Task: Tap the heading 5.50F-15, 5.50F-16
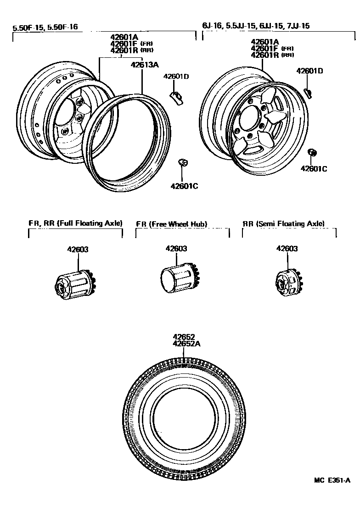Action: pyautogui.click(x=45, y=27)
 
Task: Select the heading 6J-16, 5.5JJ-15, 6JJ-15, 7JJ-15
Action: pyautogui.click(x=256, y=26)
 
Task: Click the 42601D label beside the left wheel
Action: pyautogui.click(x=176, y=77)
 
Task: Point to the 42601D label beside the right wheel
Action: pyautogui.click(x=309, y=71)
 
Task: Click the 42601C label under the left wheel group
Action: pyautogui.click(x=184, y=186)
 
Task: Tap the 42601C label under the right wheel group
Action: pyautogui.click(x=314, y=168)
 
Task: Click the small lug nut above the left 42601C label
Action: pyautogui.click(x=182, y=162)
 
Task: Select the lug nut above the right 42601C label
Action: pyautogui.click(x=312, y=152)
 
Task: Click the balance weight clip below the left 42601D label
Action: pyautogui.click(x=176, y=97)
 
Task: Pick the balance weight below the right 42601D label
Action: pyautogui.click(x=308, y=92)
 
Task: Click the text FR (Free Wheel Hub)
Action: pyautogui.click(x=172, y=224)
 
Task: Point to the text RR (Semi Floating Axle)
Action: pyautogui.click(x=283, y=223)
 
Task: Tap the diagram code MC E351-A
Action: pyautogui.click(x=332, y=480)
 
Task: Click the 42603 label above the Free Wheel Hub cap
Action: pyautogui.click(x=176, y=249)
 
